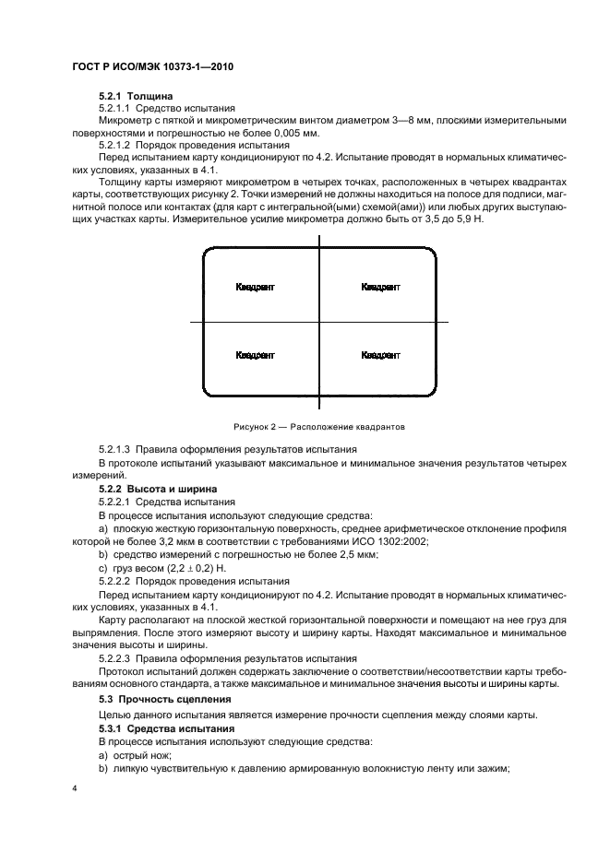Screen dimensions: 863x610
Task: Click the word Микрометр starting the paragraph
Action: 125,120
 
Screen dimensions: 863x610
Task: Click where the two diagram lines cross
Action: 319,321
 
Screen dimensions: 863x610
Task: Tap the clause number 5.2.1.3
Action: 116,447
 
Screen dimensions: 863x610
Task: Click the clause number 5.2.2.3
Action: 116,658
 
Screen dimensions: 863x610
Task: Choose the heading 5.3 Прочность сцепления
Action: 164,700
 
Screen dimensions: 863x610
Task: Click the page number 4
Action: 74,790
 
